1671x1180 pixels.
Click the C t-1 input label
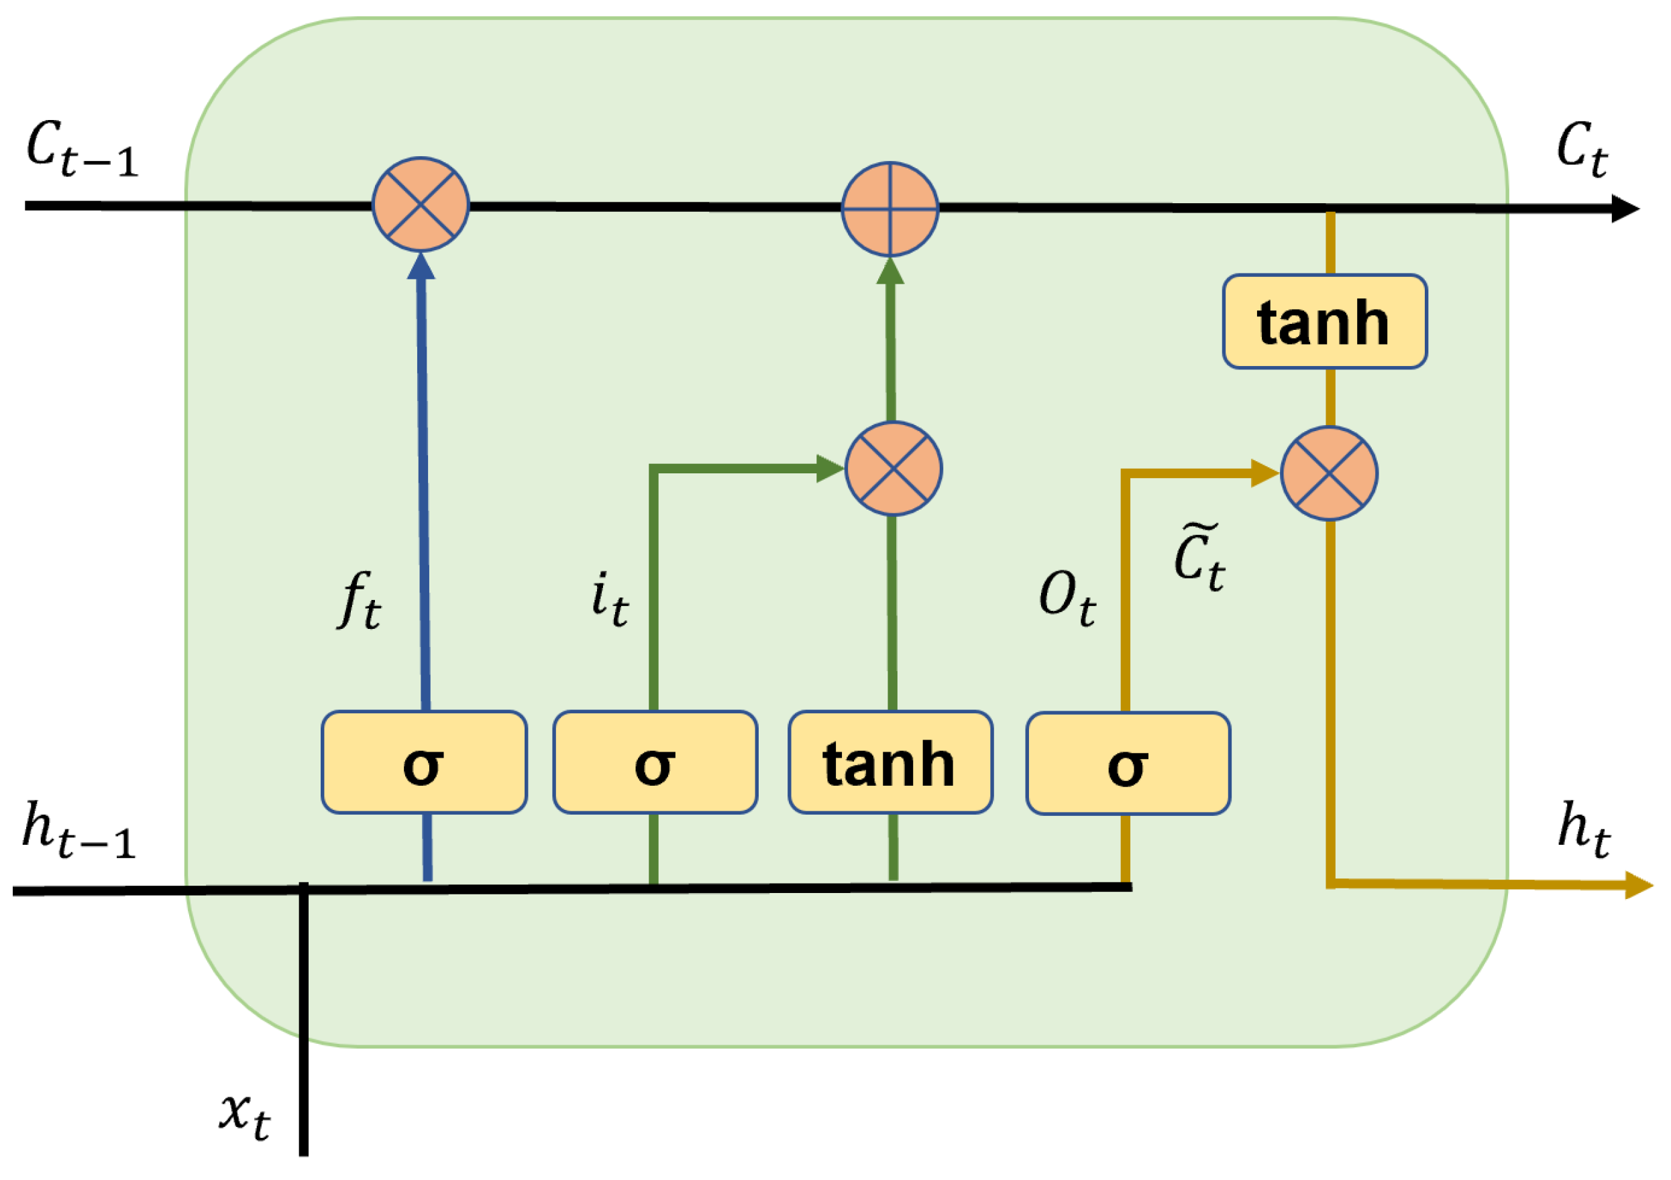click(82, 149)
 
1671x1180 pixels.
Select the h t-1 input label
click(78, 830)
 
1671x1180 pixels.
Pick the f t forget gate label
click(359, 599)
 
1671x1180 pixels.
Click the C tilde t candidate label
click(1199, 557)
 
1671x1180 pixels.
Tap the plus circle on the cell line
click(890, 209)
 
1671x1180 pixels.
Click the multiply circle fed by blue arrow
click(421, 204)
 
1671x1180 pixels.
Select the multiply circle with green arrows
click(894, 469)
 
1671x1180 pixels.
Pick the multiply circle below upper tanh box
click(1329, 473)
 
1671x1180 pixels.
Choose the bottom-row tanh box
click(890, 763)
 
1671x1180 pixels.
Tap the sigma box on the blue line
click(423, 763)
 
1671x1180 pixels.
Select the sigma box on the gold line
click(1128, 764)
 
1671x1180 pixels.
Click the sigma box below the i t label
click(655, 763)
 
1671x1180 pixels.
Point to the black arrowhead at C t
click(1625, 209)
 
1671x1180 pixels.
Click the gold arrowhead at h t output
click(1637, 886)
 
